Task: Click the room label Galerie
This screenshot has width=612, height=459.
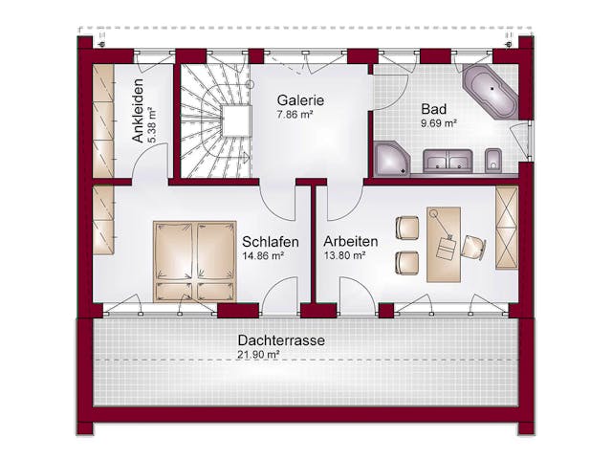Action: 300,99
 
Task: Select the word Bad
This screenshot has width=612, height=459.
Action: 431,108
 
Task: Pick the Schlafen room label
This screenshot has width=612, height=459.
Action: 271,241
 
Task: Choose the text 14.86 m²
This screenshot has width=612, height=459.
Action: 263,256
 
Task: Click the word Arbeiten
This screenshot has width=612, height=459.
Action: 350,241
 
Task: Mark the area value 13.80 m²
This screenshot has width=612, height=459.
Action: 344,256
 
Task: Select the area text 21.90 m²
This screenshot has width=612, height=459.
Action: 259,356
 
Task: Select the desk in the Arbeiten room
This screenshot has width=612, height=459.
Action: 443,243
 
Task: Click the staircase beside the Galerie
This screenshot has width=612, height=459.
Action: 215,120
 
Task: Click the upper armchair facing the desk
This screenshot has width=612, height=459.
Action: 408,228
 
